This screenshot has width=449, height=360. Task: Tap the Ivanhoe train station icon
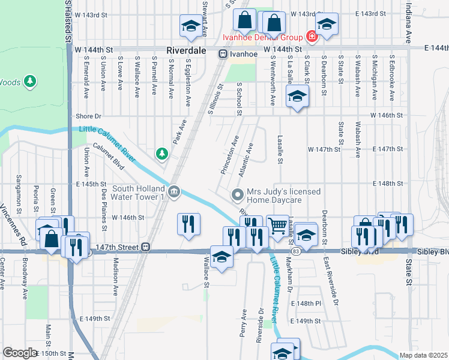click(223, 53)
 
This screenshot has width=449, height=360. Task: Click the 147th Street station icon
click(145, 247)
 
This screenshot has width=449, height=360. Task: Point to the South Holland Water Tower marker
click(174, 191)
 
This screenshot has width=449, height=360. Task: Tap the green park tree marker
click(161, 154)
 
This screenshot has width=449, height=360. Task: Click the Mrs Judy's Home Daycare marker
click(238, 194)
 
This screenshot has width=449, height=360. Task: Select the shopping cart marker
click(277, 226)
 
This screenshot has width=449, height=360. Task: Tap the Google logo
click(20, 352)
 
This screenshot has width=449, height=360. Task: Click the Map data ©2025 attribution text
click(423, 355)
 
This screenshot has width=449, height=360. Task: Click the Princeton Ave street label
click(230, 154)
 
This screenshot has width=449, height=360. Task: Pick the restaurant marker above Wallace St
click(189, 224)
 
